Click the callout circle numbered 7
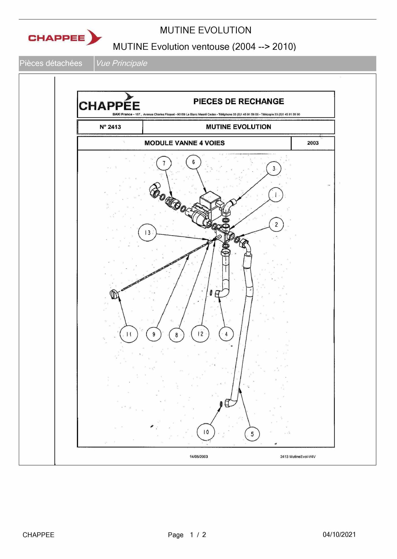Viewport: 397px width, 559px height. (x=164, y=163)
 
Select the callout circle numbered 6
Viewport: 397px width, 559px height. (x=193, y=162)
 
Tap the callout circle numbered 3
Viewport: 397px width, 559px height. (x=274, y=168)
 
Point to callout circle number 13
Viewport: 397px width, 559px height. (x=147, y=233)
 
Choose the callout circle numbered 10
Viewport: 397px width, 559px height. (x=206, y=432)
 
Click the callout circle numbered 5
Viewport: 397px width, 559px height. (x=252, y=434)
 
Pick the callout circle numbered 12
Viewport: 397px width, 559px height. (x=200, y=334)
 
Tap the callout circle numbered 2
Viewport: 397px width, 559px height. (x=276, y=224)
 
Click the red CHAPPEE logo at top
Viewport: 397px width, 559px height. (x=65, y=37)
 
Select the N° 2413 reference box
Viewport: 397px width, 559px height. (x=110, y=127)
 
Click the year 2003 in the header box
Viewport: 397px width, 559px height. (x=313, y=143)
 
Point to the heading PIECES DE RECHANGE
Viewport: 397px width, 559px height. (x=238, y=101)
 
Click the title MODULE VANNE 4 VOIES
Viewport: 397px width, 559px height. (x=184, y=143)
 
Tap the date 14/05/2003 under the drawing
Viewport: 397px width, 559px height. (x=199, y=457)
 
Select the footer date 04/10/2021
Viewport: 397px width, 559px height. (x=339, y=535)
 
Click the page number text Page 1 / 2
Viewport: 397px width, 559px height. (x=187, y=535)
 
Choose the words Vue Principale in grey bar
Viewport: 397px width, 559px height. (x=122, y=63)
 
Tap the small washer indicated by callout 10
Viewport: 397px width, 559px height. (x=221, y=404)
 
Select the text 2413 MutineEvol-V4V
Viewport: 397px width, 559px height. (x=298, y=457)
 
